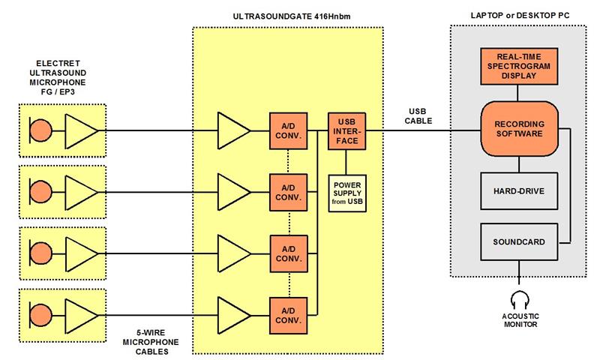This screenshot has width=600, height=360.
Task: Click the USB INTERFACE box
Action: [x=345, y=130]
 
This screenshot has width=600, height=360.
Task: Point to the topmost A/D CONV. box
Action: [x=288, y=130]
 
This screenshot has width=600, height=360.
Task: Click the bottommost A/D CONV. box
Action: [x=288, y=314]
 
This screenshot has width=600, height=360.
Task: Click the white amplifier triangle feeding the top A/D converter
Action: [x=232, y=130]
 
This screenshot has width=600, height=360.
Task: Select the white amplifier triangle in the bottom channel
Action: [x=232, y=314]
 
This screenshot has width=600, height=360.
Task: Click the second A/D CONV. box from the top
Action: [x=288, y=192]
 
